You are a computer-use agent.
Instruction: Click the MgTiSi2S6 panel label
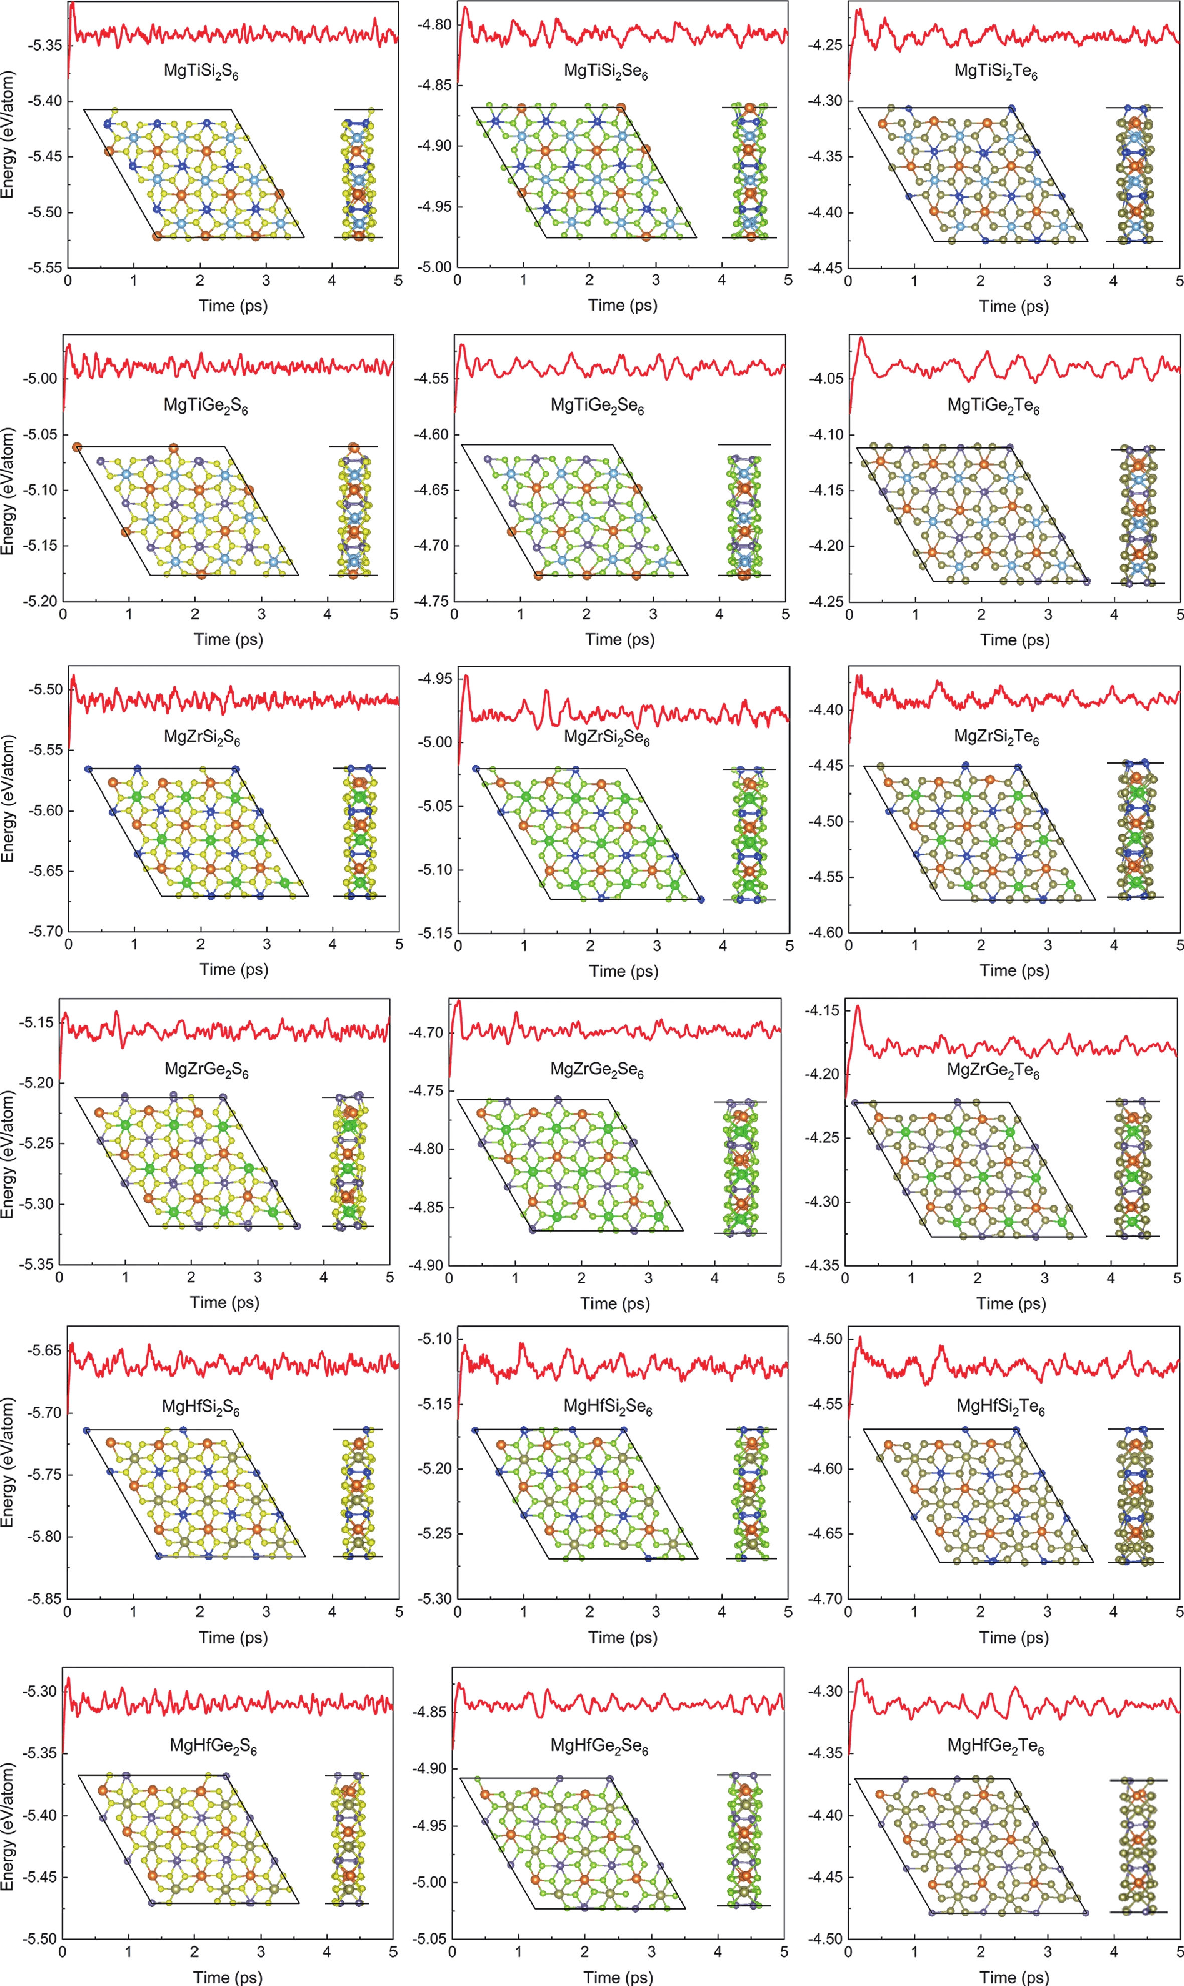[201, 71]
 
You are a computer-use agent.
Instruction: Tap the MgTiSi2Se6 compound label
[606, 71]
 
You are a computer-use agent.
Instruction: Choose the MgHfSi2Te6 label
[1001, 1406]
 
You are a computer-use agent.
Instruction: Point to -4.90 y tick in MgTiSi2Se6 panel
[434, 146]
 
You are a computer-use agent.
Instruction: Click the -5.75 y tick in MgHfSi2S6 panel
[44, 1475]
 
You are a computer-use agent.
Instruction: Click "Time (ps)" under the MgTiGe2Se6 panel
[619, 639]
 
